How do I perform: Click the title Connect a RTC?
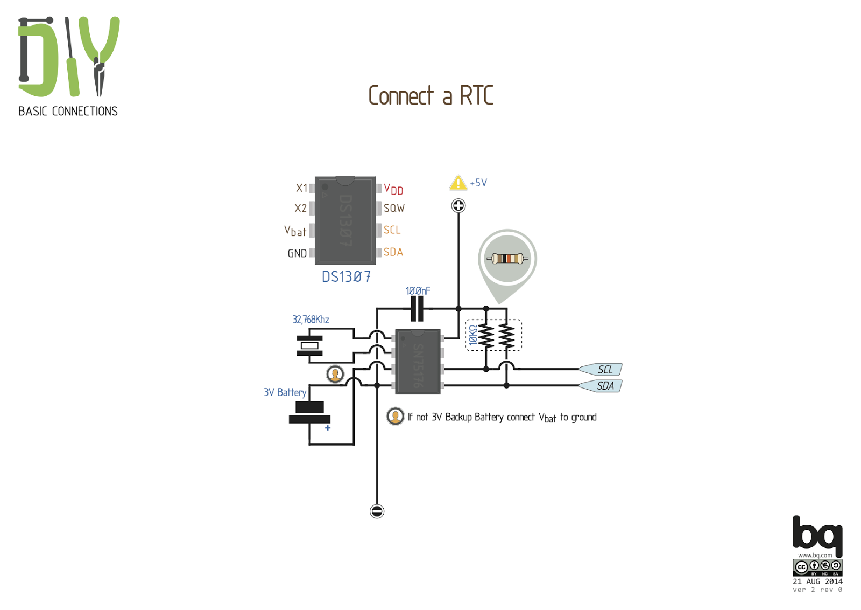pos(430,96)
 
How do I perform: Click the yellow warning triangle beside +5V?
pos(458,183)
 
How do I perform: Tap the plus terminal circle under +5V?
pos(458,206)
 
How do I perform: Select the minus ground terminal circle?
pos(377,511)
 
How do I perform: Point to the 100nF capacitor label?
pos(418,291)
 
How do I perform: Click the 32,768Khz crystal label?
pos(310,320)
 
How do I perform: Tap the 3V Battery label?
pos(285,392)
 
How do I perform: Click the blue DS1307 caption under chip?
pos(346,277)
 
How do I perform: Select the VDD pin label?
pos(393,189)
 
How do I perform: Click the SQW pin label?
pos(394,209)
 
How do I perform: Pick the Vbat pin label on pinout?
pos(295,231)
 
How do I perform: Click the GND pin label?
pos(297,253)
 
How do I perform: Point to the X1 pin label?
pos(301,188)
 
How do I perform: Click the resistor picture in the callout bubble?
pos(507,259)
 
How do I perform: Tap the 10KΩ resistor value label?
pos(473,335)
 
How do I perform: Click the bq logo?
pos(817,535)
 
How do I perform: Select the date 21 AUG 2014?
pos(817,581)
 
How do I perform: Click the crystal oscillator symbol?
pos(309,345)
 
